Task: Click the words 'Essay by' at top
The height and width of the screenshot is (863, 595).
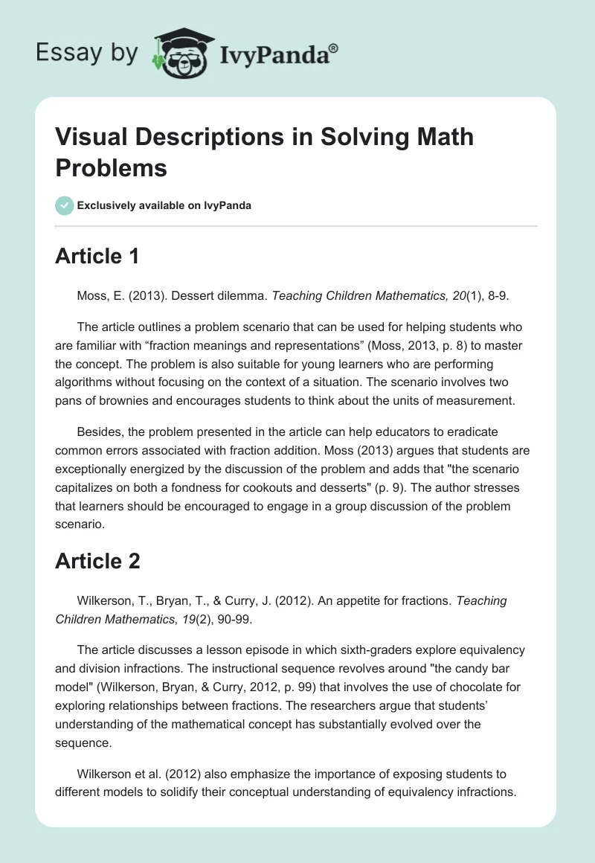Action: click(87, 53)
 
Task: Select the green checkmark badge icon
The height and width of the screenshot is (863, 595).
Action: click(65, 205)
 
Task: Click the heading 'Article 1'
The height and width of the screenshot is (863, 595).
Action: click(97, 257)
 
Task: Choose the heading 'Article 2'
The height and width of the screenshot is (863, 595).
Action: click(97, 561)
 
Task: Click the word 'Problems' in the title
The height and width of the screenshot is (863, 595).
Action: click(111, 167)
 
